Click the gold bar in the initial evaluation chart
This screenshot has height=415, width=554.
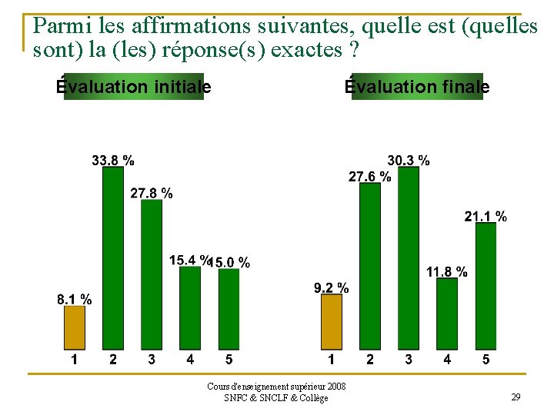point(75,327)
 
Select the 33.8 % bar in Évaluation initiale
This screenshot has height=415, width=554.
point(113,258)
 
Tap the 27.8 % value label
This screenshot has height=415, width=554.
point(152,193)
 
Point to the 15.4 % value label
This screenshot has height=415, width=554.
point(189,260)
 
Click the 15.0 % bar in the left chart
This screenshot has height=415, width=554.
point(229,309)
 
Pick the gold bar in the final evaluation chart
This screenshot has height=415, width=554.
point(332,321)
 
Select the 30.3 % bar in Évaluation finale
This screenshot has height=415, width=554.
point(409,258)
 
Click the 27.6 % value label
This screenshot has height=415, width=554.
point(370,176)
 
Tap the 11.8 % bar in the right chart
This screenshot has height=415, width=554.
point(447,314)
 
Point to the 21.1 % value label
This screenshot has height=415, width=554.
point(486,216)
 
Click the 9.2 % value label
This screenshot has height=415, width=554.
point(332,287)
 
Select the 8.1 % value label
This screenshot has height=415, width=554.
point(74,299)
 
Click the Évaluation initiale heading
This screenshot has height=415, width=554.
point(134,86)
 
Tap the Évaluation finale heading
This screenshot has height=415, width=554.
point(417,86)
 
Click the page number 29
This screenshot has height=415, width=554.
point(516,397)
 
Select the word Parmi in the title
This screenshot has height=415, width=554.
point(62,25)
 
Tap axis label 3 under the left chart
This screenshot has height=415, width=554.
point(152,359)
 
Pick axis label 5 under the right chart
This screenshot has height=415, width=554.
point(486,359)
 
